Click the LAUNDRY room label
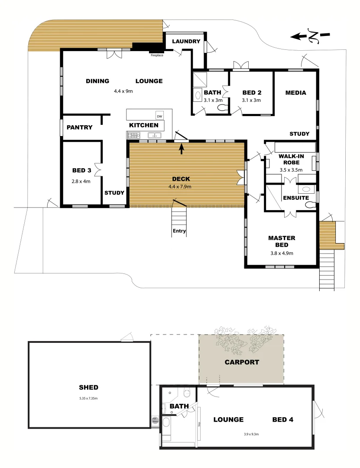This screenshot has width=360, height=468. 186,42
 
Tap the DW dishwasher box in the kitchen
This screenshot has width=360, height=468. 159,116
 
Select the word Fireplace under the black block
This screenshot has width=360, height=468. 157,55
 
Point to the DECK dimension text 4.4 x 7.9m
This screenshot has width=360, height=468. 180,187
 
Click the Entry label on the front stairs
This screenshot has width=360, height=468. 179,231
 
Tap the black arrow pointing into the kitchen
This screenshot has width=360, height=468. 182,149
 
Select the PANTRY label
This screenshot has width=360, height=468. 80,127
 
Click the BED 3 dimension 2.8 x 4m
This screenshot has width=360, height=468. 81,182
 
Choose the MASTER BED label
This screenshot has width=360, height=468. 282,241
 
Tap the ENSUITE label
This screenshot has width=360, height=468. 296,198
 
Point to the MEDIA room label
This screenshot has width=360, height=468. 296,93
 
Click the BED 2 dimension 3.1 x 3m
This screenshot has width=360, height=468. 251,100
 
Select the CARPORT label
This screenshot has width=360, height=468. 242,362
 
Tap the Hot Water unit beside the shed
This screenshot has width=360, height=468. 155,420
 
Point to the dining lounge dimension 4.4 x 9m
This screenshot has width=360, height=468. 123,91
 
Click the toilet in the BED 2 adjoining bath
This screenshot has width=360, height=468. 223,109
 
